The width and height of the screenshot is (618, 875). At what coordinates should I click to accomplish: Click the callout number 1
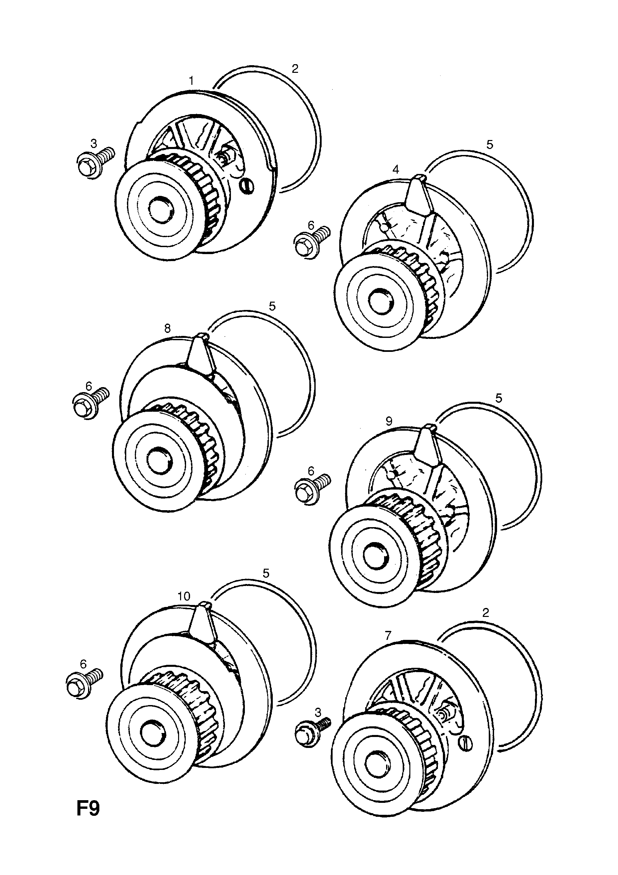(191, 80)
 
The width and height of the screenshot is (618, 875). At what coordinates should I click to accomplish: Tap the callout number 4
(396, 169)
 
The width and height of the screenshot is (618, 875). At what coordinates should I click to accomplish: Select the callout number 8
(167, 328)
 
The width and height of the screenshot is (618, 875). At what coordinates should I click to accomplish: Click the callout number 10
(184, 596)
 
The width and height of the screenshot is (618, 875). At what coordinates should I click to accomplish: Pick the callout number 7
(388, 635)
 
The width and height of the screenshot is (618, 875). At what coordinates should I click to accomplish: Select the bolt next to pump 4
(310, 243)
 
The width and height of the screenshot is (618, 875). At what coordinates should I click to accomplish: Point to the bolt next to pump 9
(311, 489)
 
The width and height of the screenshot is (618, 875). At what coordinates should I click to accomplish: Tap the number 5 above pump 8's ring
(272, 306)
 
